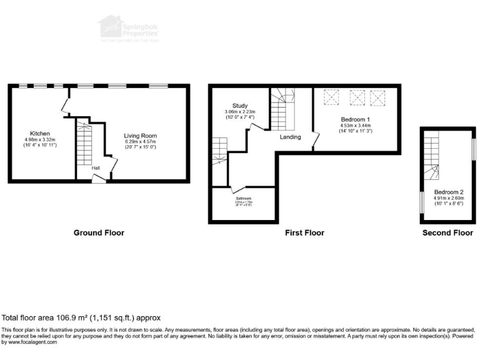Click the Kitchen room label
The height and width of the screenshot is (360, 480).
pos(40,134)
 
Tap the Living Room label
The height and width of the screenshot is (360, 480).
pos(140,136)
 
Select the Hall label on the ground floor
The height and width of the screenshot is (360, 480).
pos(96,167)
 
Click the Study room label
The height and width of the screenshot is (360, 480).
pos(240,106)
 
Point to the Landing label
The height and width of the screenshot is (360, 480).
pos(290,137)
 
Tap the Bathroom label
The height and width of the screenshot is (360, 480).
pos(244,198)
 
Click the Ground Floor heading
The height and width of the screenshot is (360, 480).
pos(99,233)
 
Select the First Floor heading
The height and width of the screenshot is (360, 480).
pos(304,233)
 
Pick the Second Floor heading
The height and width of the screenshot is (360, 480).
pos(447,233)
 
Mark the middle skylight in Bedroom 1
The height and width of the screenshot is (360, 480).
pos(356,97)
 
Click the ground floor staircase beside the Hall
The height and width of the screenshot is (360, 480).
pos(84,143)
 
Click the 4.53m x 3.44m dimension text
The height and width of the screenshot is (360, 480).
pos(356,126)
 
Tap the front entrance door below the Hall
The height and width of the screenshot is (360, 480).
pos(99,179)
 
